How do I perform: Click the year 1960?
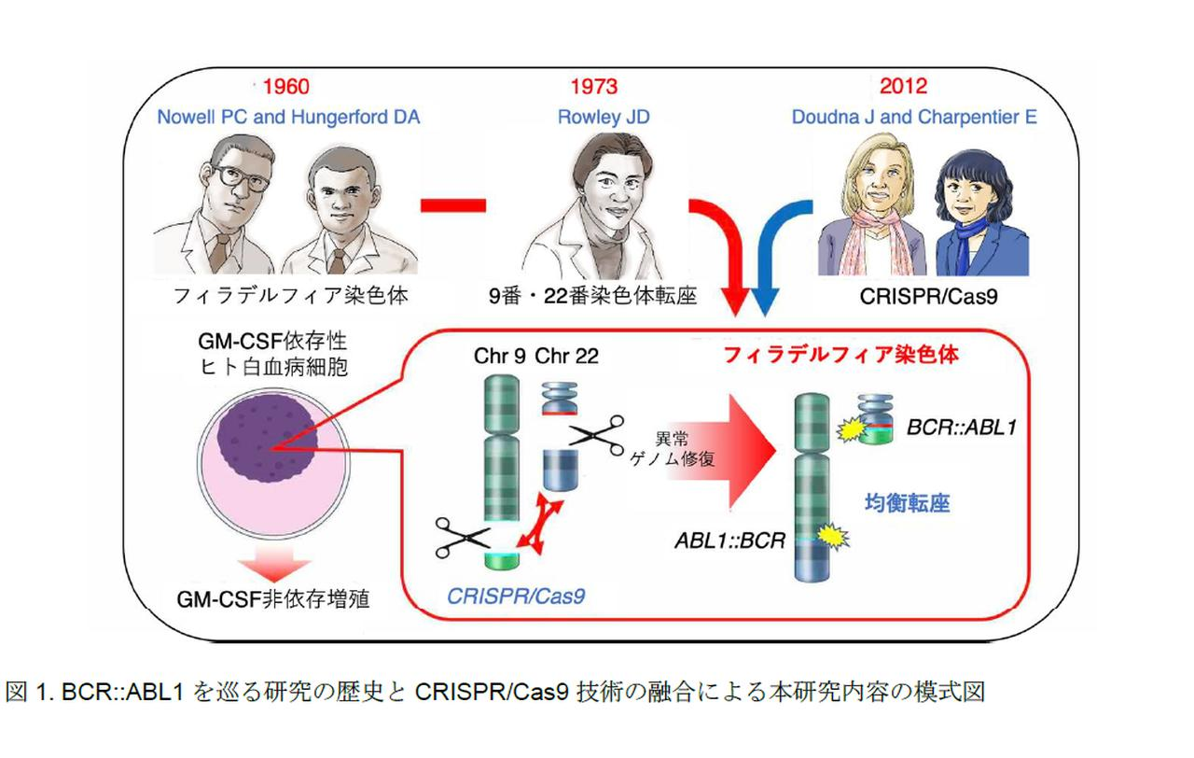286,88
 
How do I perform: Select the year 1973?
593,88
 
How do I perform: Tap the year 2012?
903,87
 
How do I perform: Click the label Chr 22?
568,357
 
